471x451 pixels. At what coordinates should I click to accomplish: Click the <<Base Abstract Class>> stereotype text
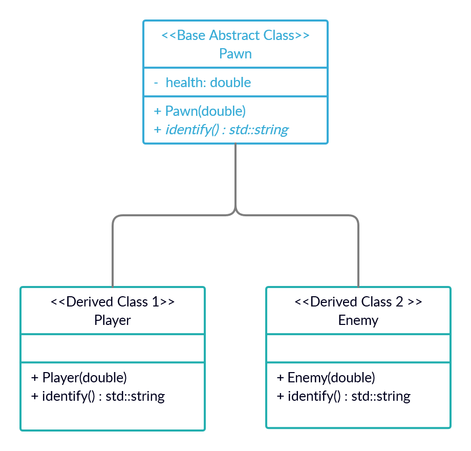pyautogui.click(x=235, y=35)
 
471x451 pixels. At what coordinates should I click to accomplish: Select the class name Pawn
pyautogui.click(x=235, y=53)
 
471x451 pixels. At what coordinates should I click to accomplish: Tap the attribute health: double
pyautogui.click(x=208, y=83)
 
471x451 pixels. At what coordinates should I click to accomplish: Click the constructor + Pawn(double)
pyautogui.click(x=200, y=111)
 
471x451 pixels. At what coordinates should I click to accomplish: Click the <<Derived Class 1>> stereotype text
pyautogui.click(x=112, y=301)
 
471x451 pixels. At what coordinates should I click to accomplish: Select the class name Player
pyautogui.click(x=112, y=320)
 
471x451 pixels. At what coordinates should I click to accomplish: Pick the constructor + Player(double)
pyautogui.click(x=79, y=378)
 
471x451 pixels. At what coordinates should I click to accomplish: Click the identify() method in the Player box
pyautogui.click(x=98, y=396)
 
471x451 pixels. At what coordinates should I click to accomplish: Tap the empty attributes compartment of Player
pyautogui.click(x=112, y=348)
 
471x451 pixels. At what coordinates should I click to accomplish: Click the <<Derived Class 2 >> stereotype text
pyautogui.click(x=358, y=301)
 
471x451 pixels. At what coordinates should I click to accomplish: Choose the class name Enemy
pyautogui.click(x=358, y=320)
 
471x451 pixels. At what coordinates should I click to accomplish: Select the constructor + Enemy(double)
pyautogui.click(x=326, y=378)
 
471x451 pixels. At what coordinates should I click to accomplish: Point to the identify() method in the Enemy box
pyautogui.click(x=344, y=396)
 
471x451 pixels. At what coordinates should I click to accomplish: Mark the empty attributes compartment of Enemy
pyautogui.click(x=358, y=348)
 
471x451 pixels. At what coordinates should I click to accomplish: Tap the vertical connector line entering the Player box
pyautogui.click(x=112, y=256)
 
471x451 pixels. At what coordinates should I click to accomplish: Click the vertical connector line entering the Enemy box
pyautogui.click(x=358, y=256)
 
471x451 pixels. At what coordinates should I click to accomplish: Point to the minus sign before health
pyautogui.click(x=156, y=83)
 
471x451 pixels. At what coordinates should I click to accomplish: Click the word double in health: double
pyautogui.click(x=230, y=83)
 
